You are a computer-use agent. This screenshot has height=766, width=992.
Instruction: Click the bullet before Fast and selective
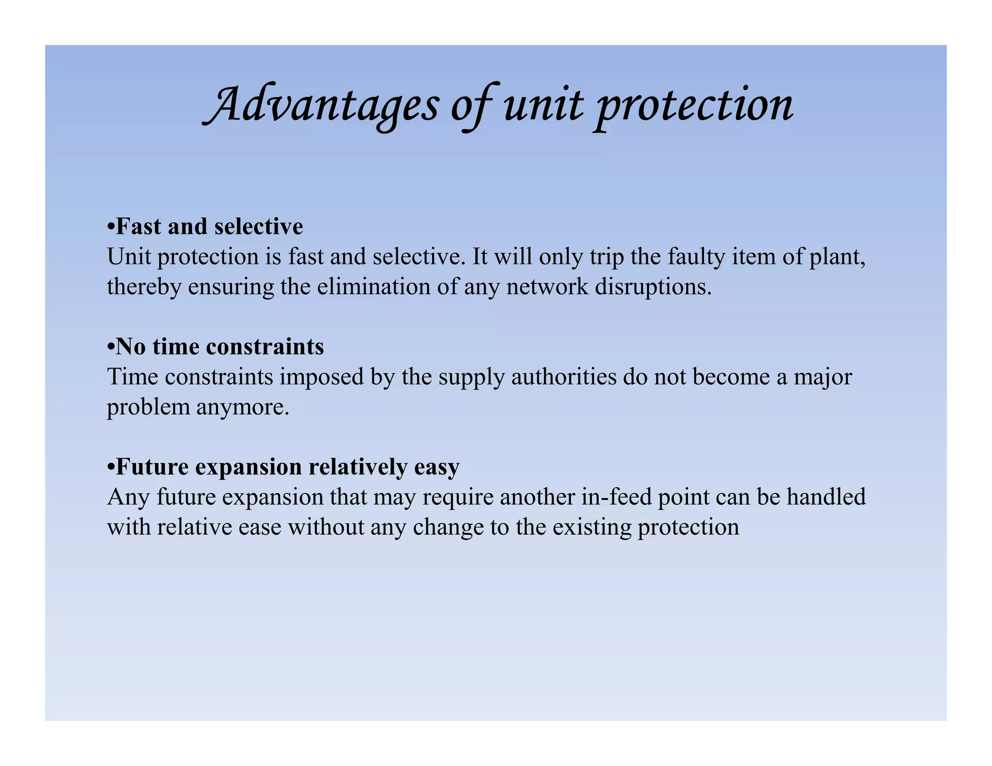click(111, 227)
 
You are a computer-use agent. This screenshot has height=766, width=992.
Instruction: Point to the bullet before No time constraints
click(111, 347)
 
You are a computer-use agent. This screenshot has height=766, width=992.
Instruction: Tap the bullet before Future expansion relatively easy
click(111, 467)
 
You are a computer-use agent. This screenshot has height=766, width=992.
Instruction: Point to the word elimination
click(374, 287)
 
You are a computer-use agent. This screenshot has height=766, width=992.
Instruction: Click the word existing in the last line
click(591, 528)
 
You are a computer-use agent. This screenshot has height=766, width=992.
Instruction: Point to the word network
click(547, 287)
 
